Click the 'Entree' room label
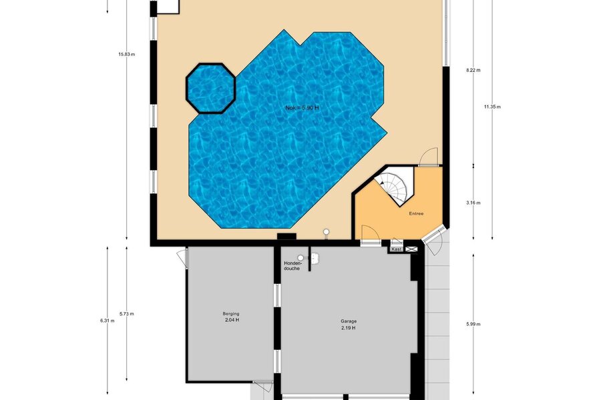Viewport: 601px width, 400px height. (416, 213)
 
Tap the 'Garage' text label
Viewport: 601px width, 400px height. (349, 321)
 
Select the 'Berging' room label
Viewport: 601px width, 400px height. (231, 314)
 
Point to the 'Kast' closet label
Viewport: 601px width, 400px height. (397, 249)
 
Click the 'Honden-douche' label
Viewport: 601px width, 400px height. (293, 265)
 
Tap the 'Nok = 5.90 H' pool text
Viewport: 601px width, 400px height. (302, 108)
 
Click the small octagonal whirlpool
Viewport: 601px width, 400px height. (210, 89)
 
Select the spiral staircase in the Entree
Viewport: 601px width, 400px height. (393, 187)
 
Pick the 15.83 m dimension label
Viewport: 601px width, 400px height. (127, 55)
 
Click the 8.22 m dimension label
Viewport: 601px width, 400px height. (473, 70)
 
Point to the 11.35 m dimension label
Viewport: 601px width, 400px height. (492, 107)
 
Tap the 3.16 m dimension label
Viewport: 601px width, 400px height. (473, 203)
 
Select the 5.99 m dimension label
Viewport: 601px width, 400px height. (473, 324)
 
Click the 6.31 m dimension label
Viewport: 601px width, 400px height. (108, 321)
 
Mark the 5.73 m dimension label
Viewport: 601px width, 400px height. (127, 314)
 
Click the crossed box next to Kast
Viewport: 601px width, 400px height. (411, 249)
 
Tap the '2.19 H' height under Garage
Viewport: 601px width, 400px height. (349, 328)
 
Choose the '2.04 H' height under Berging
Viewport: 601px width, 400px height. (232, 320)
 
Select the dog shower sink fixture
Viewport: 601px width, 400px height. (315, 259)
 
